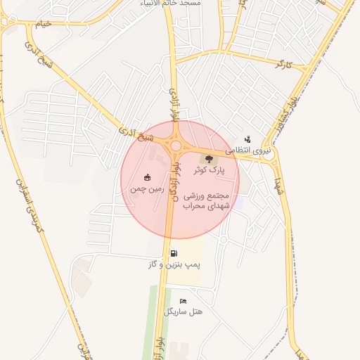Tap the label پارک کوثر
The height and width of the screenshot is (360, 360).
[x=210, y=170]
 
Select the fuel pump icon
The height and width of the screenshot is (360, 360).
[x=174, y=253]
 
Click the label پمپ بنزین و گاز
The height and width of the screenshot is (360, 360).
[x=174, y=265]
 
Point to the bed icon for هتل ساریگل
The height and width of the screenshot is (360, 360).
[x=184, y=301]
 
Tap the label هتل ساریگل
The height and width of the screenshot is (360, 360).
[x=184, y=311]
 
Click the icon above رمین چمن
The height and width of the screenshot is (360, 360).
[x=148, y=177]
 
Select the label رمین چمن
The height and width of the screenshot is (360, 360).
[x=148, y=189]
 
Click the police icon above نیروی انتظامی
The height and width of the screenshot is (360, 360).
[x=247, y=139]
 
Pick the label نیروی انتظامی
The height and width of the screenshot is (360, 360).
[x=247, y=150]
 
